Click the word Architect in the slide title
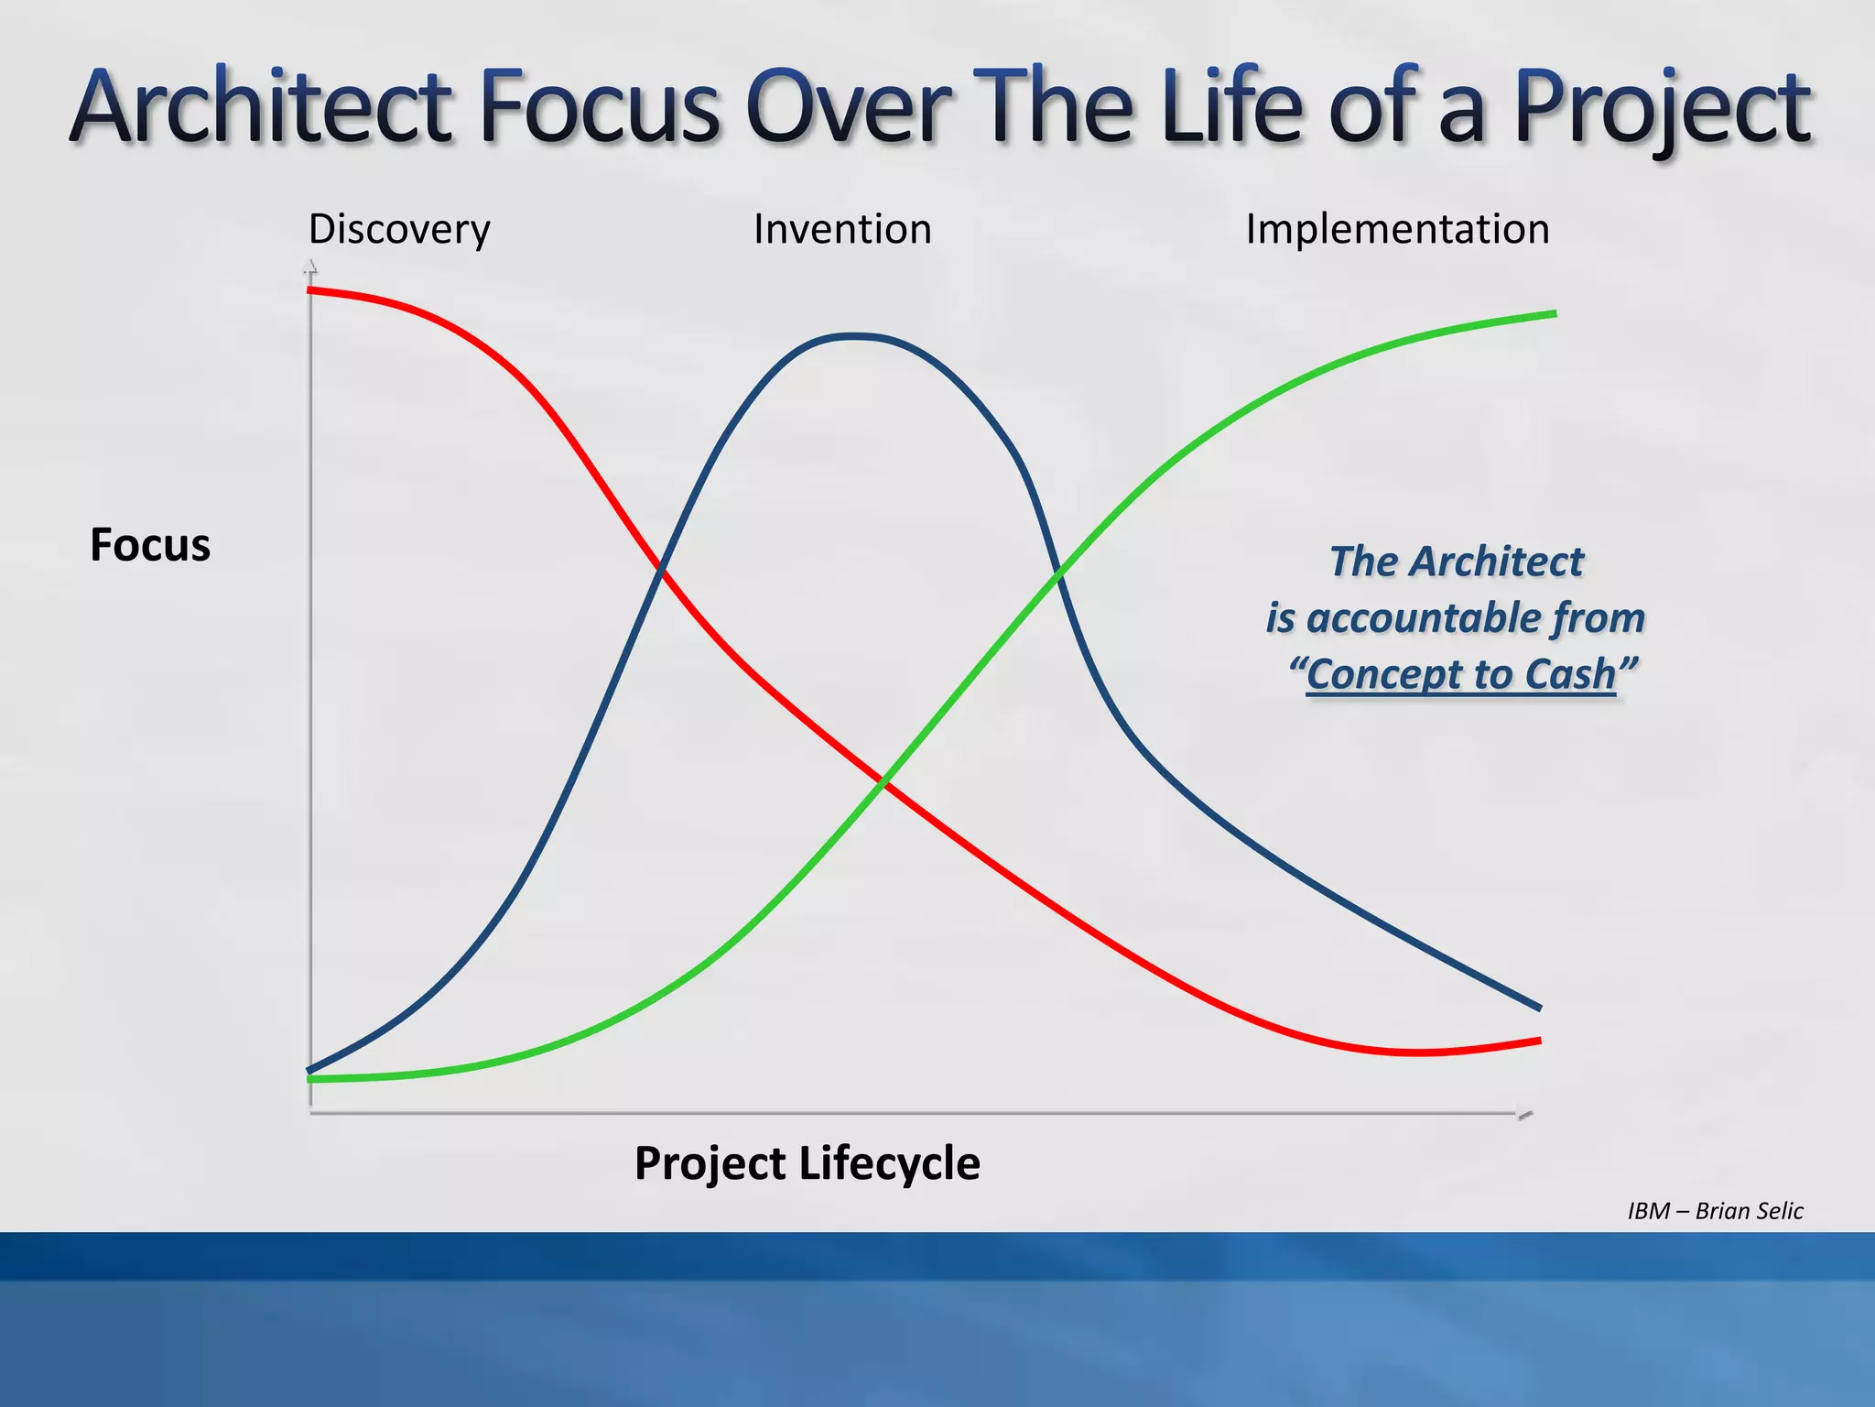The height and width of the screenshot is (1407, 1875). point(262,108)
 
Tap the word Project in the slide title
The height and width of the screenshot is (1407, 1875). point(1662,108)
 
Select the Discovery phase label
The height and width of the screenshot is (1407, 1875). point(399,229)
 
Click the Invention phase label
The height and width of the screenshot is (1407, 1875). point(842,229)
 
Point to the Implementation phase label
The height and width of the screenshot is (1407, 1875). point(1397,229)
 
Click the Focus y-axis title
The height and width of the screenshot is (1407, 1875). point(150,545)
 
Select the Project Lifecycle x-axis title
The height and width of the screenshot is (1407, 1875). point(807,1163)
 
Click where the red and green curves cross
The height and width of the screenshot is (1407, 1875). point(883,781)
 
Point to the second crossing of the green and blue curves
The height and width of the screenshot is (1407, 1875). point(1059,575)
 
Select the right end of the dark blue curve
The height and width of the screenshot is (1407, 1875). point(1539,1007)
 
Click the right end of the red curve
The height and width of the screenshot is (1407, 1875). point(1539,1041)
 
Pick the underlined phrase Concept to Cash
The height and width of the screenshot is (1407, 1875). point(1461,674)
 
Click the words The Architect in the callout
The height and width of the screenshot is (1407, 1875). point(1456,562)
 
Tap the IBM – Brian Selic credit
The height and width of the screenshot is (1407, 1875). point(1714,1211)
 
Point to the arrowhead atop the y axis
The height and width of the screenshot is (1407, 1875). point(310,267)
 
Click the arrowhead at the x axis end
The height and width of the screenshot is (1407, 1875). point(1525,1114)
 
